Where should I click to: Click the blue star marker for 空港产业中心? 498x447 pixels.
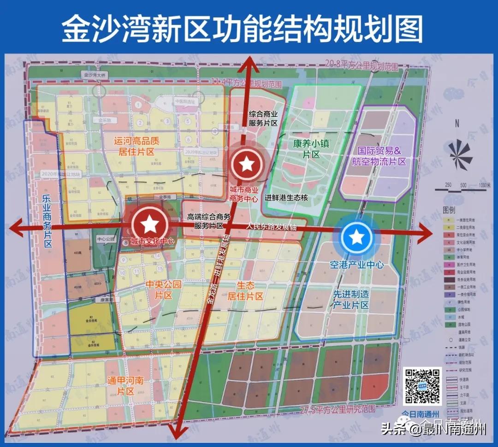tap(356, 238)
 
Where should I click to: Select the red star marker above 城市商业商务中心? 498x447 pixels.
tap(247, 163)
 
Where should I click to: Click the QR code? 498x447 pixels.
tap(422, 386)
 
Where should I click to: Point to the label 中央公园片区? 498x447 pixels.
tap(163, 290)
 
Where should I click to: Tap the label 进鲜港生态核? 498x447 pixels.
tap(286, 198)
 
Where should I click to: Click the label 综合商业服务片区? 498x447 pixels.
tap(263, 118)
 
